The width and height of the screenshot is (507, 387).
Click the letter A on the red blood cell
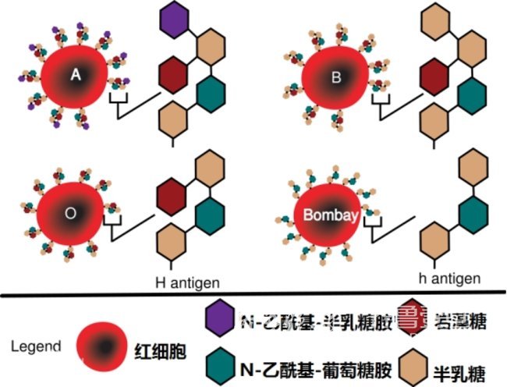point(76,74)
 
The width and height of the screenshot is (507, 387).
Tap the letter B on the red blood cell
point(337,77)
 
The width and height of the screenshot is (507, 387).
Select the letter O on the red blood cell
point(70,211)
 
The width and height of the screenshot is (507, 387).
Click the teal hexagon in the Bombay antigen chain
point(470,212)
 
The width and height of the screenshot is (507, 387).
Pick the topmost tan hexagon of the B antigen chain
point(437,20)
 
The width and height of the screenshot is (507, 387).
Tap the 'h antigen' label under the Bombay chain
point(449,279)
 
